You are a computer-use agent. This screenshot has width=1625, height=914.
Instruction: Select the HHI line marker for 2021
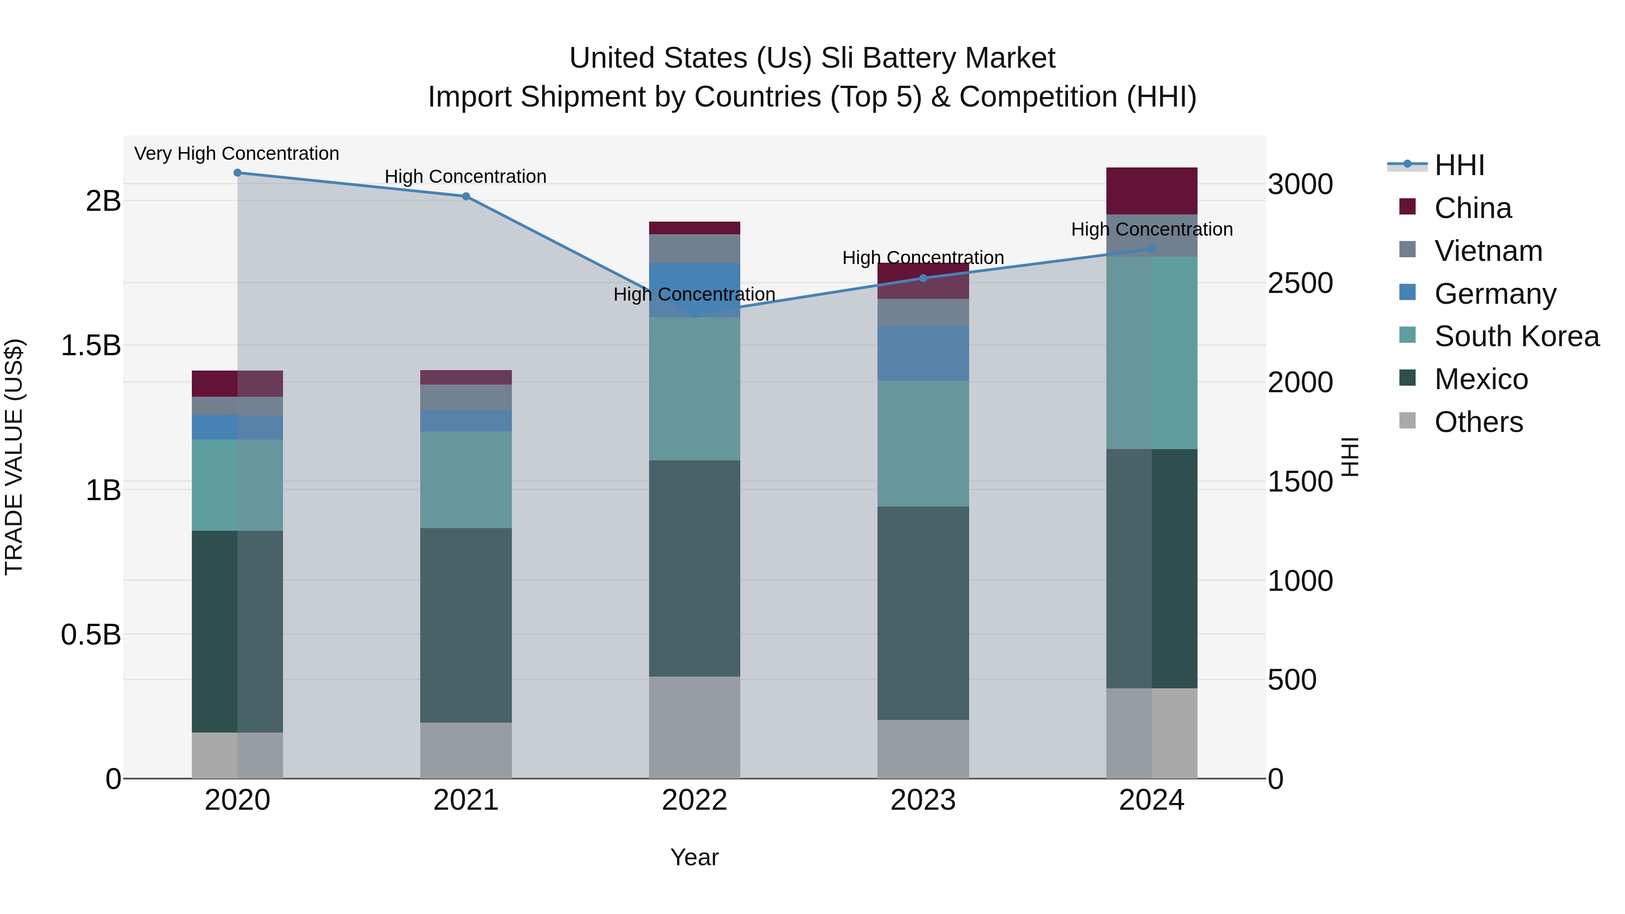(465, 196)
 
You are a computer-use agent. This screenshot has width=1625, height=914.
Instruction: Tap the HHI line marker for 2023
(923, 278)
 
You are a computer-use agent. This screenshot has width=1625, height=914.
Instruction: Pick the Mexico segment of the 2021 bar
(465, 625)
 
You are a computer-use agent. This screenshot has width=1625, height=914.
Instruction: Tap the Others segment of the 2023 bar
(923, 749)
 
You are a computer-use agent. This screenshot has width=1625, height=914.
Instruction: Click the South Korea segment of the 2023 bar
(923, 443)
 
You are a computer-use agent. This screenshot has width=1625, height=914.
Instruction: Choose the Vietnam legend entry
(1488, 251)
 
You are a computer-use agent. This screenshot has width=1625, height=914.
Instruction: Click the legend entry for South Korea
(1517, 336)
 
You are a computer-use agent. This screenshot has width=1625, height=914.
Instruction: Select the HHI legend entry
(1459, 165)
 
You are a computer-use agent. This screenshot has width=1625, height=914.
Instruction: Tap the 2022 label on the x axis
(695, 800)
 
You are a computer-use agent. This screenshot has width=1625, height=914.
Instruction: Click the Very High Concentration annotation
(237, 153)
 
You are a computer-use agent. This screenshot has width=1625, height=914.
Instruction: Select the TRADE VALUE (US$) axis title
(14, 457)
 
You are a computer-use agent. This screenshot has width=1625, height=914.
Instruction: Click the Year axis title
(695, 857)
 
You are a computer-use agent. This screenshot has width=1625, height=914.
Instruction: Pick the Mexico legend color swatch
(1407, 379)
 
